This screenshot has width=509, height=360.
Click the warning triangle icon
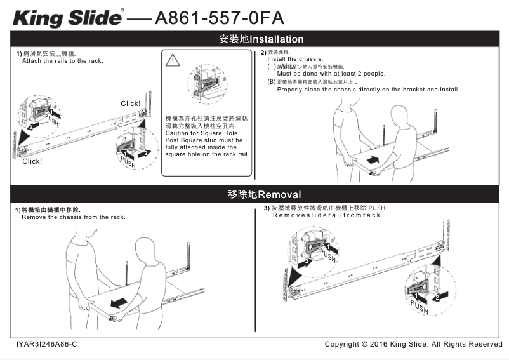click(x=173, y=61)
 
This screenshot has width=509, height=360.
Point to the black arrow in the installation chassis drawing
click(x=376, y=157)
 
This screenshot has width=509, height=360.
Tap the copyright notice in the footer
click(x=413, y=344)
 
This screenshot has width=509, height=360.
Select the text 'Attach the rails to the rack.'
click(x=62, y=61)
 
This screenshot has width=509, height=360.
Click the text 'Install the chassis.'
click(x=295, y=58)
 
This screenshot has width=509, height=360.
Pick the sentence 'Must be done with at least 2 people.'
click(x=322, y=74)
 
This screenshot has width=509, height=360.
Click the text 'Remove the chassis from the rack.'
click(x=73, y=217)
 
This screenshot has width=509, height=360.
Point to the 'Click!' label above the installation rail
click(x=131, y=103)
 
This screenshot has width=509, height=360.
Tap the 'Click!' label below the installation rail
click(x=32, y=161)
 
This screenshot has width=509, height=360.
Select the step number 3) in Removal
click(x=267, y=208)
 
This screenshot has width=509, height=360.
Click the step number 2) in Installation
click(x=263, y=52)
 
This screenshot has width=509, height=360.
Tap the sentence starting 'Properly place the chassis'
click(x=367, y=90)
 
